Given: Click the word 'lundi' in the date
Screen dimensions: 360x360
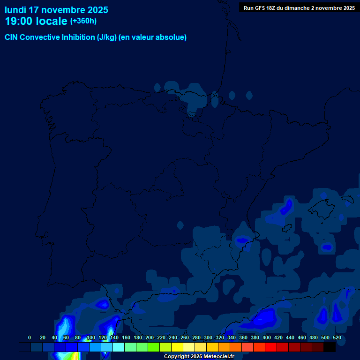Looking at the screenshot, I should coord(15,10).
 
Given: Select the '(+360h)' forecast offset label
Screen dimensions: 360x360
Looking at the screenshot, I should coord(83,21).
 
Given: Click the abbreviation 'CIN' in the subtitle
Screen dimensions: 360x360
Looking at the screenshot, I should coord(11,37).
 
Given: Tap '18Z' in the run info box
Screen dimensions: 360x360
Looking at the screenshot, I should coord(276,8).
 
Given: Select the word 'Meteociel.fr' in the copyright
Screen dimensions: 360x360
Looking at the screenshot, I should coord(219,357).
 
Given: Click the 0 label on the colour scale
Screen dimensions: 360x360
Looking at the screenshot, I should coord(30,338).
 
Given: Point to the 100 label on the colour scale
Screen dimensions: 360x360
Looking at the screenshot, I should coord(90,338).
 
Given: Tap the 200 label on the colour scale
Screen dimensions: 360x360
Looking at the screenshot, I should coord(150,338).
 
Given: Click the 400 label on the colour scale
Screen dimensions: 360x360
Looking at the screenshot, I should coord(267,338).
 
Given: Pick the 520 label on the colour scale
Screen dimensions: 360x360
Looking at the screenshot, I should coord(337,338).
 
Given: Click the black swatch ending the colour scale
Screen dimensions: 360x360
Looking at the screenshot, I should coord(330,347).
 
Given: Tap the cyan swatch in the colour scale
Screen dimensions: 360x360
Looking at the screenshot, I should coord(119,347).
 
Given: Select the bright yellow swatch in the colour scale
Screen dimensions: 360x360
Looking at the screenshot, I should coord(177,347).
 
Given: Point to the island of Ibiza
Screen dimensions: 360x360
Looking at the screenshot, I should coord(287,229).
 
